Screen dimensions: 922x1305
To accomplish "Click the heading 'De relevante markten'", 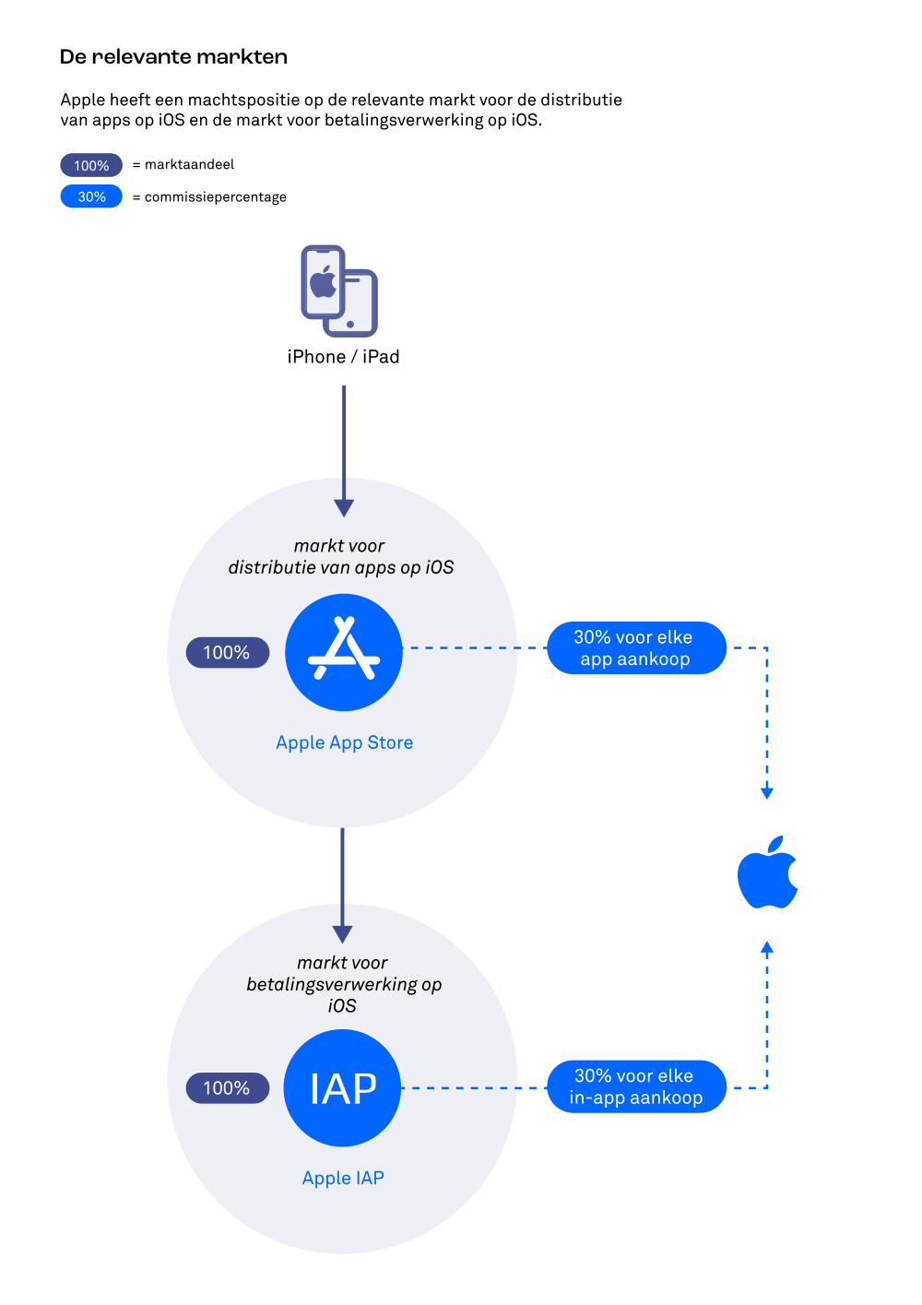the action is [173, 56].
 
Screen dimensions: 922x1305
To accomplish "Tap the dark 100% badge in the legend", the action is [91, 165].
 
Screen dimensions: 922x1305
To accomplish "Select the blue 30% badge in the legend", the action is [91, 196].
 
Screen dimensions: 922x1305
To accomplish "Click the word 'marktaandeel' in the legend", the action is [189, 164].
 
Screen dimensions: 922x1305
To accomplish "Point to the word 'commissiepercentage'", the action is [216, 197].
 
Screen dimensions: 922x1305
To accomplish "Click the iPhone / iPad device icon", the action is [339, 291].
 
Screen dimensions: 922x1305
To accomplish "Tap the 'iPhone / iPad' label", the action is [343, 357].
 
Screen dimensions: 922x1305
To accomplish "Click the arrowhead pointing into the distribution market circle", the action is [344, 508].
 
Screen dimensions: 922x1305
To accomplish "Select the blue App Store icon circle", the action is [344, 652].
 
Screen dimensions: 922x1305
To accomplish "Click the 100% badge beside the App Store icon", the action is [227, 653].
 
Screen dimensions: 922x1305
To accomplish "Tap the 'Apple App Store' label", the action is [344, 742].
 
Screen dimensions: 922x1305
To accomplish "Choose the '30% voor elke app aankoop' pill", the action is [636, 647].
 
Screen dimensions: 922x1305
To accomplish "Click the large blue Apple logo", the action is [767, 872].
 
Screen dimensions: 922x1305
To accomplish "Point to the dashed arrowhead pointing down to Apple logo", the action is [766, 793].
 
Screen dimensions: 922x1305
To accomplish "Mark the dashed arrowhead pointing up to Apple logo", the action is [766, 947].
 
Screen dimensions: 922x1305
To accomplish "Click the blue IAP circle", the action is [342, 1087].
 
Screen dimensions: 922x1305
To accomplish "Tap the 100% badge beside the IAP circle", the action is [227, 1087].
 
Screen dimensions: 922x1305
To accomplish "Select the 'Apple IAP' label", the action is [343, 1178].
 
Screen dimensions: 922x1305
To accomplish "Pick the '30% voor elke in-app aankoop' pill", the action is [636, 1086].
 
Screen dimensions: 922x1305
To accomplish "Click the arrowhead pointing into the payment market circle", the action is [342, 934].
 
